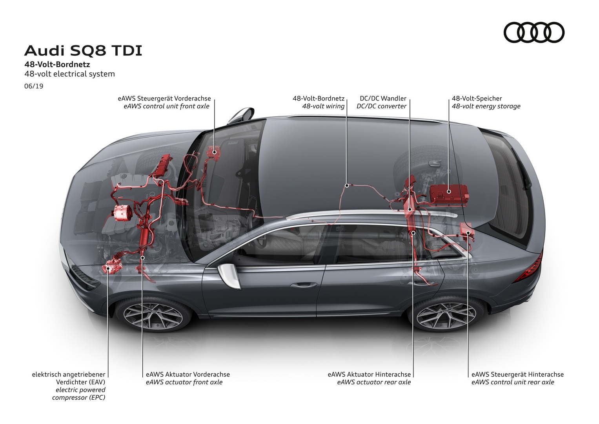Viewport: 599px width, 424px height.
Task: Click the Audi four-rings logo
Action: pos(534,32)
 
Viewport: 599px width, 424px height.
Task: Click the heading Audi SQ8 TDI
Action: pos(83,51)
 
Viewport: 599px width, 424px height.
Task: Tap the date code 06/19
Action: pos(34,86)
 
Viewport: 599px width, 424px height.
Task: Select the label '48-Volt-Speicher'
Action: pos(477,99)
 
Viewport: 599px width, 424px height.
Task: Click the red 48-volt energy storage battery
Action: pos(449,194)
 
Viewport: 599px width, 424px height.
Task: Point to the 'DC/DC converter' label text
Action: pos(381,106)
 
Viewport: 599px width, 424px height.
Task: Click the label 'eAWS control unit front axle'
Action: pos(166,106)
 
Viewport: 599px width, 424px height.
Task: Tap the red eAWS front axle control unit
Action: pos(213,152)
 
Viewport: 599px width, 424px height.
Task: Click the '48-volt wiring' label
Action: pos(323,106)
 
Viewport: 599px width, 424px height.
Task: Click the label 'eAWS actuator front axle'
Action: pos(184,382)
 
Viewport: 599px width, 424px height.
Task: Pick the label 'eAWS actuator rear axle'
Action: pos(374,382)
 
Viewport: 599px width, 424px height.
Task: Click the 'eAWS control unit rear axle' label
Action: pos(513,382)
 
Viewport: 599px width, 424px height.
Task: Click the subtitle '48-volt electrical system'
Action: pos(69,74)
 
